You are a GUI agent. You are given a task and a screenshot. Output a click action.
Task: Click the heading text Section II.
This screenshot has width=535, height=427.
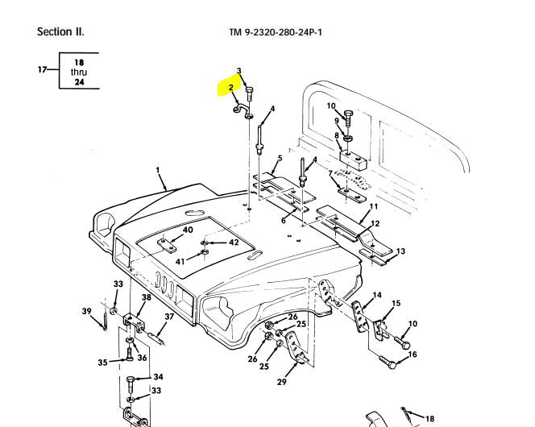tap(60, 32)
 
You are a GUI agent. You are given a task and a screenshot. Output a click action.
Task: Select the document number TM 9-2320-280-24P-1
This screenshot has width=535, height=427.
tap(281, 33)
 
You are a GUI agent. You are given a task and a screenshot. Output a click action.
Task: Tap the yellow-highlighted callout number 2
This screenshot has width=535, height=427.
tap(231, 87)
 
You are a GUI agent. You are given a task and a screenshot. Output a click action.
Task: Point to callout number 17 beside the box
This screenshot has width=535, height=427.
tap(42, 70)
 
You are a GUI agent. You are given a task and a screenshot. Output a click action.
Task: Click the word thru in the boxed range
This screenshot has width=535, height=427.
tap(79, 72)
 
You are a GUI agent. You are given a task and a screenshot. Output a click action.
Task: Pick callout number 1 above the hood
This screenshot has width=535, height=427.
tap(159, 171)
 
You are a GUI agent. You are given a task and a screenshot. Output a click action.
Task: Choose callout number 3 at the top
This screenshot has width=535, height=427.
tap(238, 72)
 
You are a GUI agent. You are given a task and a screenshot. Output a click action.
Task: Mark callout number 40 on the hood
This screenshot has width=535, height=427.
tap(188, 230)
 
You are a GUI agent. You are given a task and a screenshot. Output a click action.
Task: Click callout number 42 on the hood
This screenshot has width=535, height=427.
tap(234, 242)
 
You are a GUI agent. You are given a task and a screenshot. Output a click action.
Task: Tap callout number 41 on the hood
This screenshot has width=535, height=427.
tap(180, 262)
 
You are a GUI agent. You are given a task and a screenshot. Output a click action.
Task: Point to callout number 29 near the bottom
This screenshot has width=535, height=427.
tap(281, 382)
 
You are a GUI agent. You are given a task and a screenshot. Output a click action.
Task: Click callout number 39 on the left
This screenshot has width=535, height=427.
tap(86, 311)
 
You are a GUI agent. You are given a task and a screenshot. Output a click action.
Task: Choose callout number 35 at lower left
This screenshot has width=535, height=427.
tap(102, 363)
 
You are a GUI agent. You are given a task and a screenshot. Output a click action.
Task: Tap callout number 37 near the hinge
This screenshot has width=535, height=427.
tap(169, 317)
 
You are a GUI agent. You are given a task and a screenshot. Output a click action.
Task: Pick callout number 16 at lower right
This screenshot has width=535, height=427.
tap(413, 354)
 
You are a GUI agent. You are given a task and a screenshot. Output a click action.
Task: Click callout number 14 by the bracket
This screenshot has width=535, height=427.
tap(377, 296)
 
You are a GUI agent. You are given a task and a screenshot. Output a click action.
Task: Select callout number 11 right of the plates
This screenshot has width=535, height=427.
tap(373, 207)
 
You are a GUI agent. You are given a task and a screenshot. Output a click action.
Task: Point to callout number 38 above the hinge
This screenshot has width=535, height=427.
tap(146, 298)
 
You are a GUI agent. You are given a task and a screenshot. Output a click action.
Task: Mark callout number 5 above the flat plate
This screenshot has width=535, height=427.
tap(280, 158)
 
